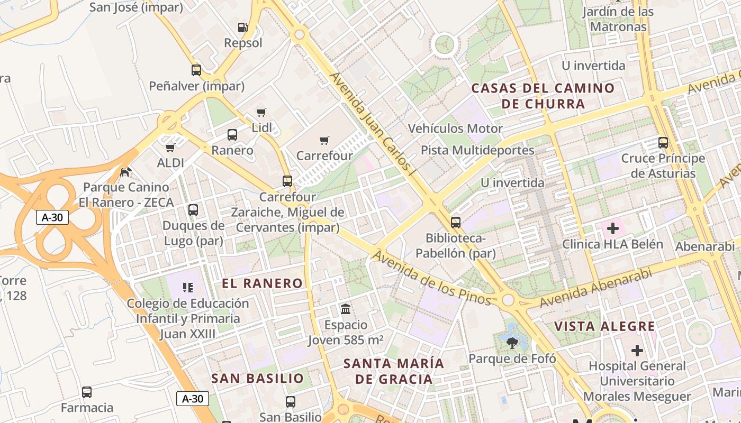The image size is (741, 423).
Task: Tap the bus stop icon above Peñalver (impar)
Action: (x=196, y=70)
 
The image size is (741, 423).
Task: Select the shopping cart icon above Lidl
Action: (x=261, y=112)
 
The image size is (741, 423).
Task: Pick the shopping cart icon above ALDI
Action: (x=170, y=148)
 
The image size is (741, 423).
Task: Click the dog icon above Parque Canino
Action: (x=126, y=172)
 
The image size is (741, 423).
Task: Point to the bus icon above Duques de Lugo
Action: (x=193, y=210)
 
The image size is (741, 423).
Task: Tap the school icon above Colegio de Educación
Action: (x=187, y=288)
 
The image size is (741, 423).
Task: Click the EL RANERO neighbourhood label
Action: (x=262, y=283)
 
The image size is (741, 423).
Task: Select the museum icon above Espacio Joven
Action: (x=346, y=309)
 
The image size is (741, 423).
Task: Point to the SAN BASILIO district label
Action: (x=258, y=378)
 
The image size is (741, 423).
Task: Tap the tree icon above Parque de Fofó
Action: (x=512, y=344)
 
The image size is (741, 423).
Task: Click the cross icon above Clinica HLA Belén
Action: (x=612, y=228)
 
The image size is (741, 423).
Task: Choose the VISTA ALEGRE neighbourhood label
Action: (x=604, y=326)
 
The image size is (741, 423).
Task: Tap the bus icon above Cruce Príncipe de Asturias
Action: (x=663, y=142)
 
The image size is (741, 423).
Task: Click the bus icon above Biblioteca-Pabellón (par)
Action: (x=456, y=223)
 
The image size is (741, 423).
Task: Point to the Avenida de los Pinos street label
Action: (x=431, y=279)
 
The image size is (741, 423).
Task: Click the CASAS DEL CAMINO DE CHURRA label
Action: (x=543, y=96)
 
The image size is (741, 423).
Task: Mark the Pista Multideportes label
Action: (x=477, y=150)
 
